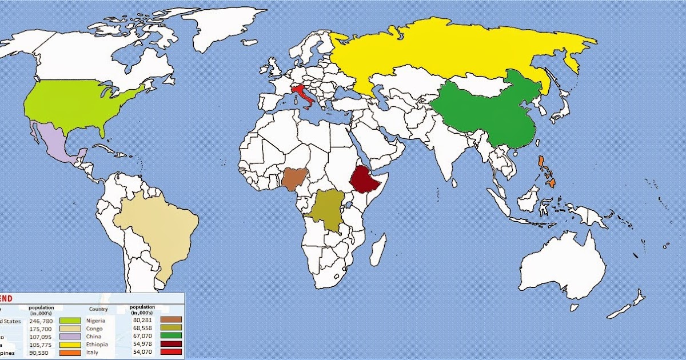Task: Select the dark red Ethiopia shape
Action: click(364, 179)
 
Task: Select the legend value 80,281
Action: click(142, 320)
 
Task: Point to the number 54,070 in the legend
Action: click(142, 352)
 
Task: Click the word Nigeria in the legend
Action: click(95, 321)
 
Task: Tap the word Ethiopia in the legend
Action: click(97, 345)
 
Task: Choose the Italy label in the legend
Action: click(92, 353)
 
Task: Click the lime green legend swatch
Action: click(70, 321)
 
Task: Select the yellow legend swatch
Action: click(70, 345)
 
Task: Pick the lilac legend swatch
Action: click(70, 337)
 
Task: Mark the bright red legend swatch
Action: click(171, 352)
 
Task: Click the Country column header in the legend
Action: click(98, 309)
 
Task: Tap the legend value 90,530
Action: click(41, 353)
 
